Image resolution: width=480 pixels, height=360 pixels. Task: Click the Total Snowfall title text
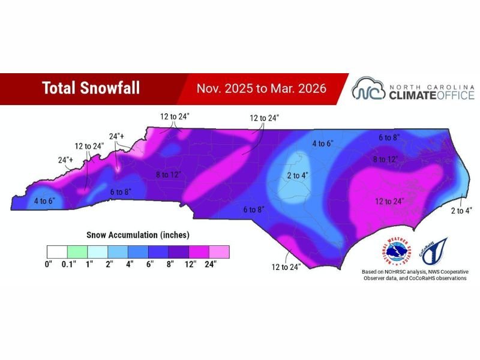tap(91, 88)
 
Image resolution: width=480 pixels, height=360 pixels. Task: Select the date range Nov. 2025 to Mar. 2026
tap(262, 88)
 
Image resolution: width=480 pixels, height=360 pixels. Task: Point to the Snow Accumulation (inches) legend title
tap(138, 235)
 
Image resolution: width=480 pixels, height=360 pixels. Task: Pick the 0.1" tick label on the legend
tap(69, 263)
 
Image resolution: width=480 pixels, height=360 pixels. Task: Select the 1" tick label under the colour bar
tap(90, 263)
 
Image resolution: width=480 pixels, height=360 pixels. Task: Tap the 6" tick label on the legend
tap(150, 263)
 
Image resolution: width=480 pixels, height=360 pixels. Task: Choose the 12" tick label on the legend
tap(190, 263)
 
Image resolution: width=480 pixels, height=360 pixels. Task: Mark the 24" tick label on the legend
tap(210, 263)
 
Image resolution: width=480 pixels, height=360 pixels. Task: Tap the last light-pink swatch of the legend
tap(219, 251)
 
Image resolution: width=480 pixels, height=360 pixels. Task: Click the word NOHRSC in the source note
tap(400, 271)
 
